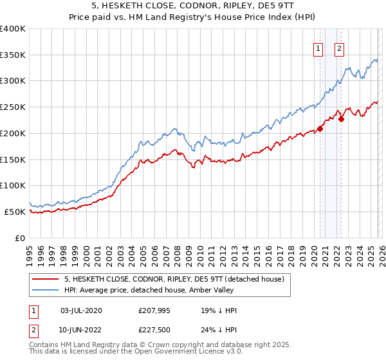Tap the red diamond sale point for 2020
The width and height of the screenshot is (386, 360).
[x=320, y=129]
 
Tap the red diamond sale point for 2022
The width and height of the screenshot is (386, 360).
[x=341, y=118]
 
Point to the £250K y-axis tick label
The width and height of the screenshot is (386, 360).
[x=13, y=107]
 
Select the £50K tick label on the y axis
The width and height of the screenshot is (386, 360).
[x=15, y=212]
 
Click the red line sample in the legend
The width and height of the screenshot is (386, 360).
[x=46, y=279]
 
